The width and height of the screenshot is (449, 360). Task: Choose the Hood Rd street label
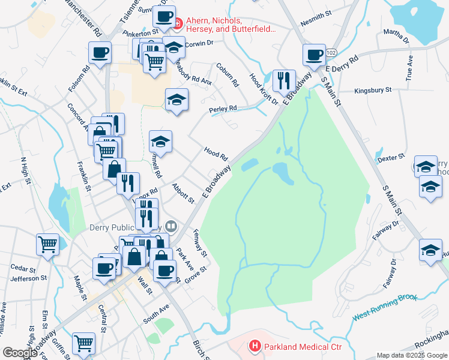[216, 154]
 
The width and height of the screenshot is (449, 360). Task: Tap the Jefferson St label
[28, 278]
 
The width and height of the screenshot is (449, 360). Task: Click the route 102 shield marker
[331, 53]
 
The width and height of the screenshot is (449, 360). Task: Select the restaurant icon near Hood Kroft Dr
[282, 81]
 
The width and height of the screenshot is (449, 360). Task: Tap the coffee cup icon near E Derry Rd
[313, 55]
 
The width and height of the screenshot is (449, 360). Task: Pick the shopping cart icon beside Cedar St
[47, 244]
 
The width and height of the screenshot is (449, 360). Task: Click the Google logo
[20, 353]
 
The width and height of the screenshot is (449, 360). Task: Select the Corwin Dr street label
[199, 43]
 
